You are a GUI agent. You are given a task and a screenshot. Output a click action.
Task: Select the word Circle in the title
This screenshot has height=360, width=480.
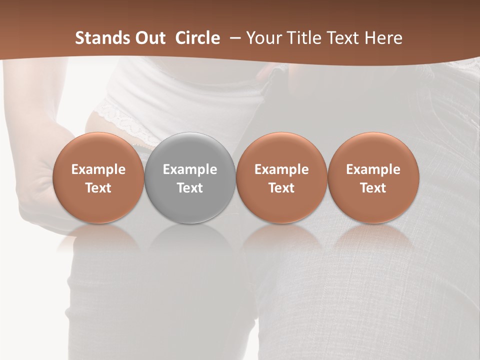(x=197, y=38)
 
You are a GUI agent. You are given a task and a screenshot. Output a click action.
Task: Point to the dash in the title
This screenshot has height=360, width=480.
(x=233, y=38)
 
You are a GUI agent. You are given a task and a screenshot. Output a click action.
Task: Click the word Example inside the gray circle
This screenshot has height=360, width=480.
(x=190, y=169)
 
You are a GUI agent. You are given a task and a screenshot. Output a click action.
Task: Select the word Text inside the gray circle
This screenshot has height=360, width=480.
(x=190, y=188)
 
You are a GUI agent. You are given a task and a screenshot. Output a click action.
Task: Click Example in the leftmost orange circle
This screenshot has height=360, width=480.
(x=98, y=169)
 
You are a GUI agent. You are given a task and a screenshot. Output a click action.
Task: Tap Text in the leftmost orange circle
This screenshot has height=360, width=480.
(x=98, y=188)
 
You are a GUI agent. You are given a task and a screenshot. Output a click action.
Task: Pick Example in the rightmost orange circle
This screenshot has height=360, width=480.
(x=373, y=169)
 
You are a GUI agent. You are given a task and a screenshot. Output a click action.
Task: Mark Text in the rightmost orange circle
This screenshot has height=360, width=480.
(x=373, y=188)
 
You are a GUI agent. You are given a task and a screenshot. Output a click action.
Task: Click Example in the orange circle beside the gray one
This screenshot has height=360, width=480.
(x=281, y=169)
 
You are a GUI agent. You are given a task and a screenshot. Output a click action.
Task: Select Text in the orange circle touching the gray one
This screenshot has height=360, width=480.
(x=281, y=188)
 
